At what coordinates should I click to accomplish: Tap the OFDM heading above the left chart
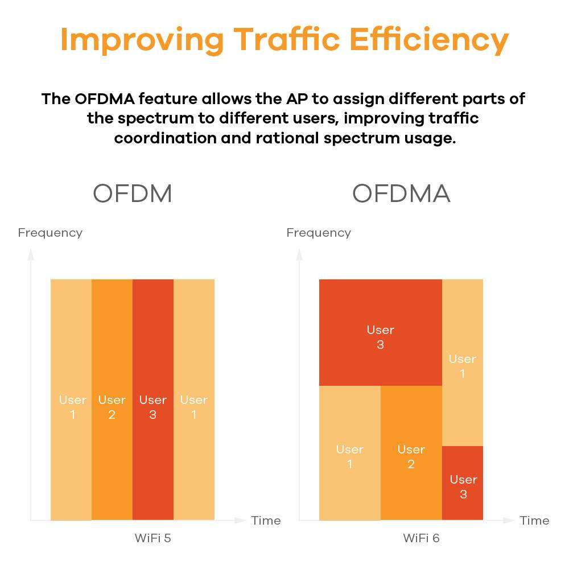(x=133, y=194)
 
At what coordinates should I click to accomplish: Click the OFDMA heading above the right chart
(x=401, y=194)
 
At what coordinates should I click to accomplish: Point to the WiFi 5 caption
(x=152, y=538)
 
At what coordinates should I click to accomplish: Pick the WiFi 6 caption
(x=421, y=538)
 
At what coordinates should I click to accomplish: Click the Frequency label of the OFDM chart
(x=50, y=233)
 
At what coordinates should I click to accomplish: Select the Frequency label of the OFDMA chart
(x=319, y=233)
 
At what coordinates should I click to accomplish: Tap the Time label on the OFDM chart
(x=266, y=520)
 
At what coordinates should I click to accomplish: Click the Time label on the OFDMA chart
(x=534, y=520)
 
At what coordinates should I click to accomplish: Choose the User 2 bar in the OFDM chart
(x=112, y=398)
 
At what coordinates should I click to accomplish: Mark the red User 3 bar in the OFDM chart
(x=153, y=398)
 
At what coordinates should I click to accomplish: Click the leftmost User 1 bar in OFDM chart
(x=71, y=398)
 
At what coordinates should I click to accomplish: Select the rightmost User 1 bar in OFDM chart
(x=194, y=398)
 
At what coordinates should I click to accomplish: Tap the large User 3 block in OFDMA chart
(x=380, y=333)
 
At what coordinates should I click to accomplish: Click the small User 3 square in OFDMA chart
(x=463, y=484)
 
